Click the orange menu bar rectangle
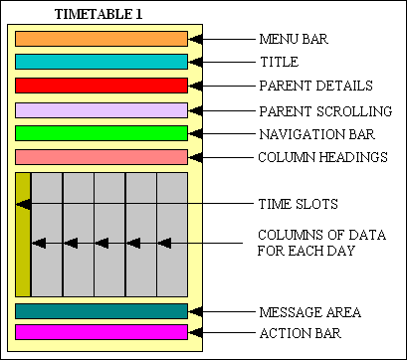[102, 39]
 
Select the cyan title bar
[102, 62]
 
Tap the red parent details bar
[102, 86]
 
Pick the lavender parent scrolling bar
[102, 109]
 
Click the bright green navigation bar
[102, 133]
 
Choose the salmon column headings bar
[102, 156]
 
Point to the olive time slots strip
[23, 235]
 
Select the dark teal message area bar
[102, 311]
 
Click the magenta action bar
[102, 332]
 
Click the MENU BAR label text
[294, 40]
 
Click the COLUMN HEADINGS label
[322, 157]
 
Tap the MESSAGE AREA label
[308, 311]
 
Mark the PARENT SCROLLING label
[324, 109]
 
